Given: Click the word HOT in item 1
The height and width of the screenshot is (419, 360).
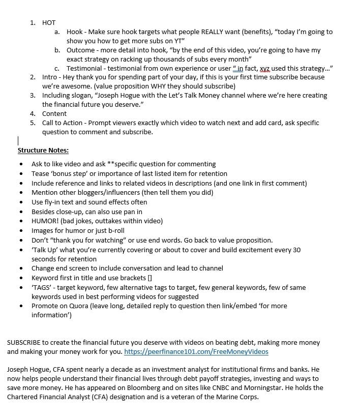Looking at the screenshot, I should click(x=49, y=22).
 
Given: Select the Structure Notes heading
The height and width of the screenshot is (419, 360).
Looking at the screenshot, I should click(x=43, y=151).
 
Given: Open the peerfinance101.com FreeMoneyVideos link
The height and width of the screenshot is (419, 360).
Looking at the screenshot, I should click(x=196, y=352).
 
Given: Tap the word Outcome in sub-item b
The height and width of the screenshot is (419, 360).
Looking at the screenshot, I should click(x=81, y=50).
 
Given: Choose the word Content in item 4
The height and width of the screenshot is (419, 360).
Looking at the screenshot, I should click(x=54, y=114).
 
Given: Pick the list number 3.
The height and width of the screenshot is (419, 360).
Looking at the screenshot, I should click(x=32, y=96).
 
